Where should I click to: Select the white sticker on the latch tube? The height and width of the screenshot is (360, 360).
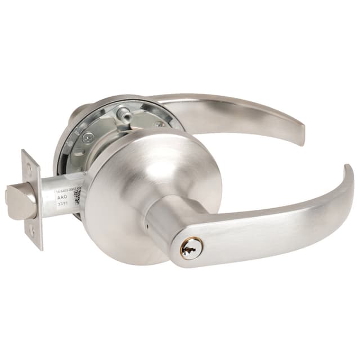[66, 200]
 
